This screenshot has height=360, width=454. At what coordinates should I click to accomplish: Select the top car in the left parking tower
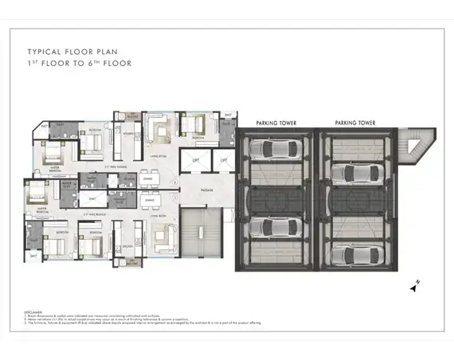click(276, 148)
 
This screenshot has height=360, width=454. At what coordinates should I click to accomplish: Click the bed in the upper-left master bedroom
click(49, 152)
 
